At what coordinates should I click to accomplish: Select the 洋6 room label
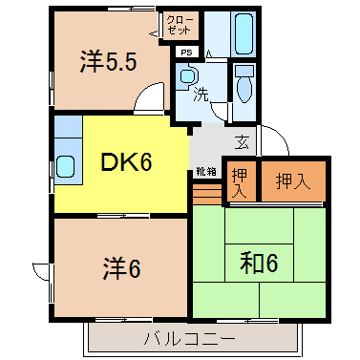[121, 268]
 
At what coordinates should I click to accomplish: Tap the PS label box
[186, 53]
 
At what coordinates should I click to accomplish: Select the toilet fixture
[244, 87]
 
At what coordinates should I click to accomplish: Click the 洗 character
[201, 95]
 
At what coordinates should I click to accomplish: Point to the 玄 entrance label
[243, 143]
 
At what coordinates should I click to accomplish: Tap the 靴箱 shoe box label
[205, 172]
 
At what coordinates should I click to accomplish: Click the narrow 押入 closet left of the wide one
[238, 180]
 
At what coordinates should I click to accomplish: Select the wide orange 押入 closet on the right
[292, 179]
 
